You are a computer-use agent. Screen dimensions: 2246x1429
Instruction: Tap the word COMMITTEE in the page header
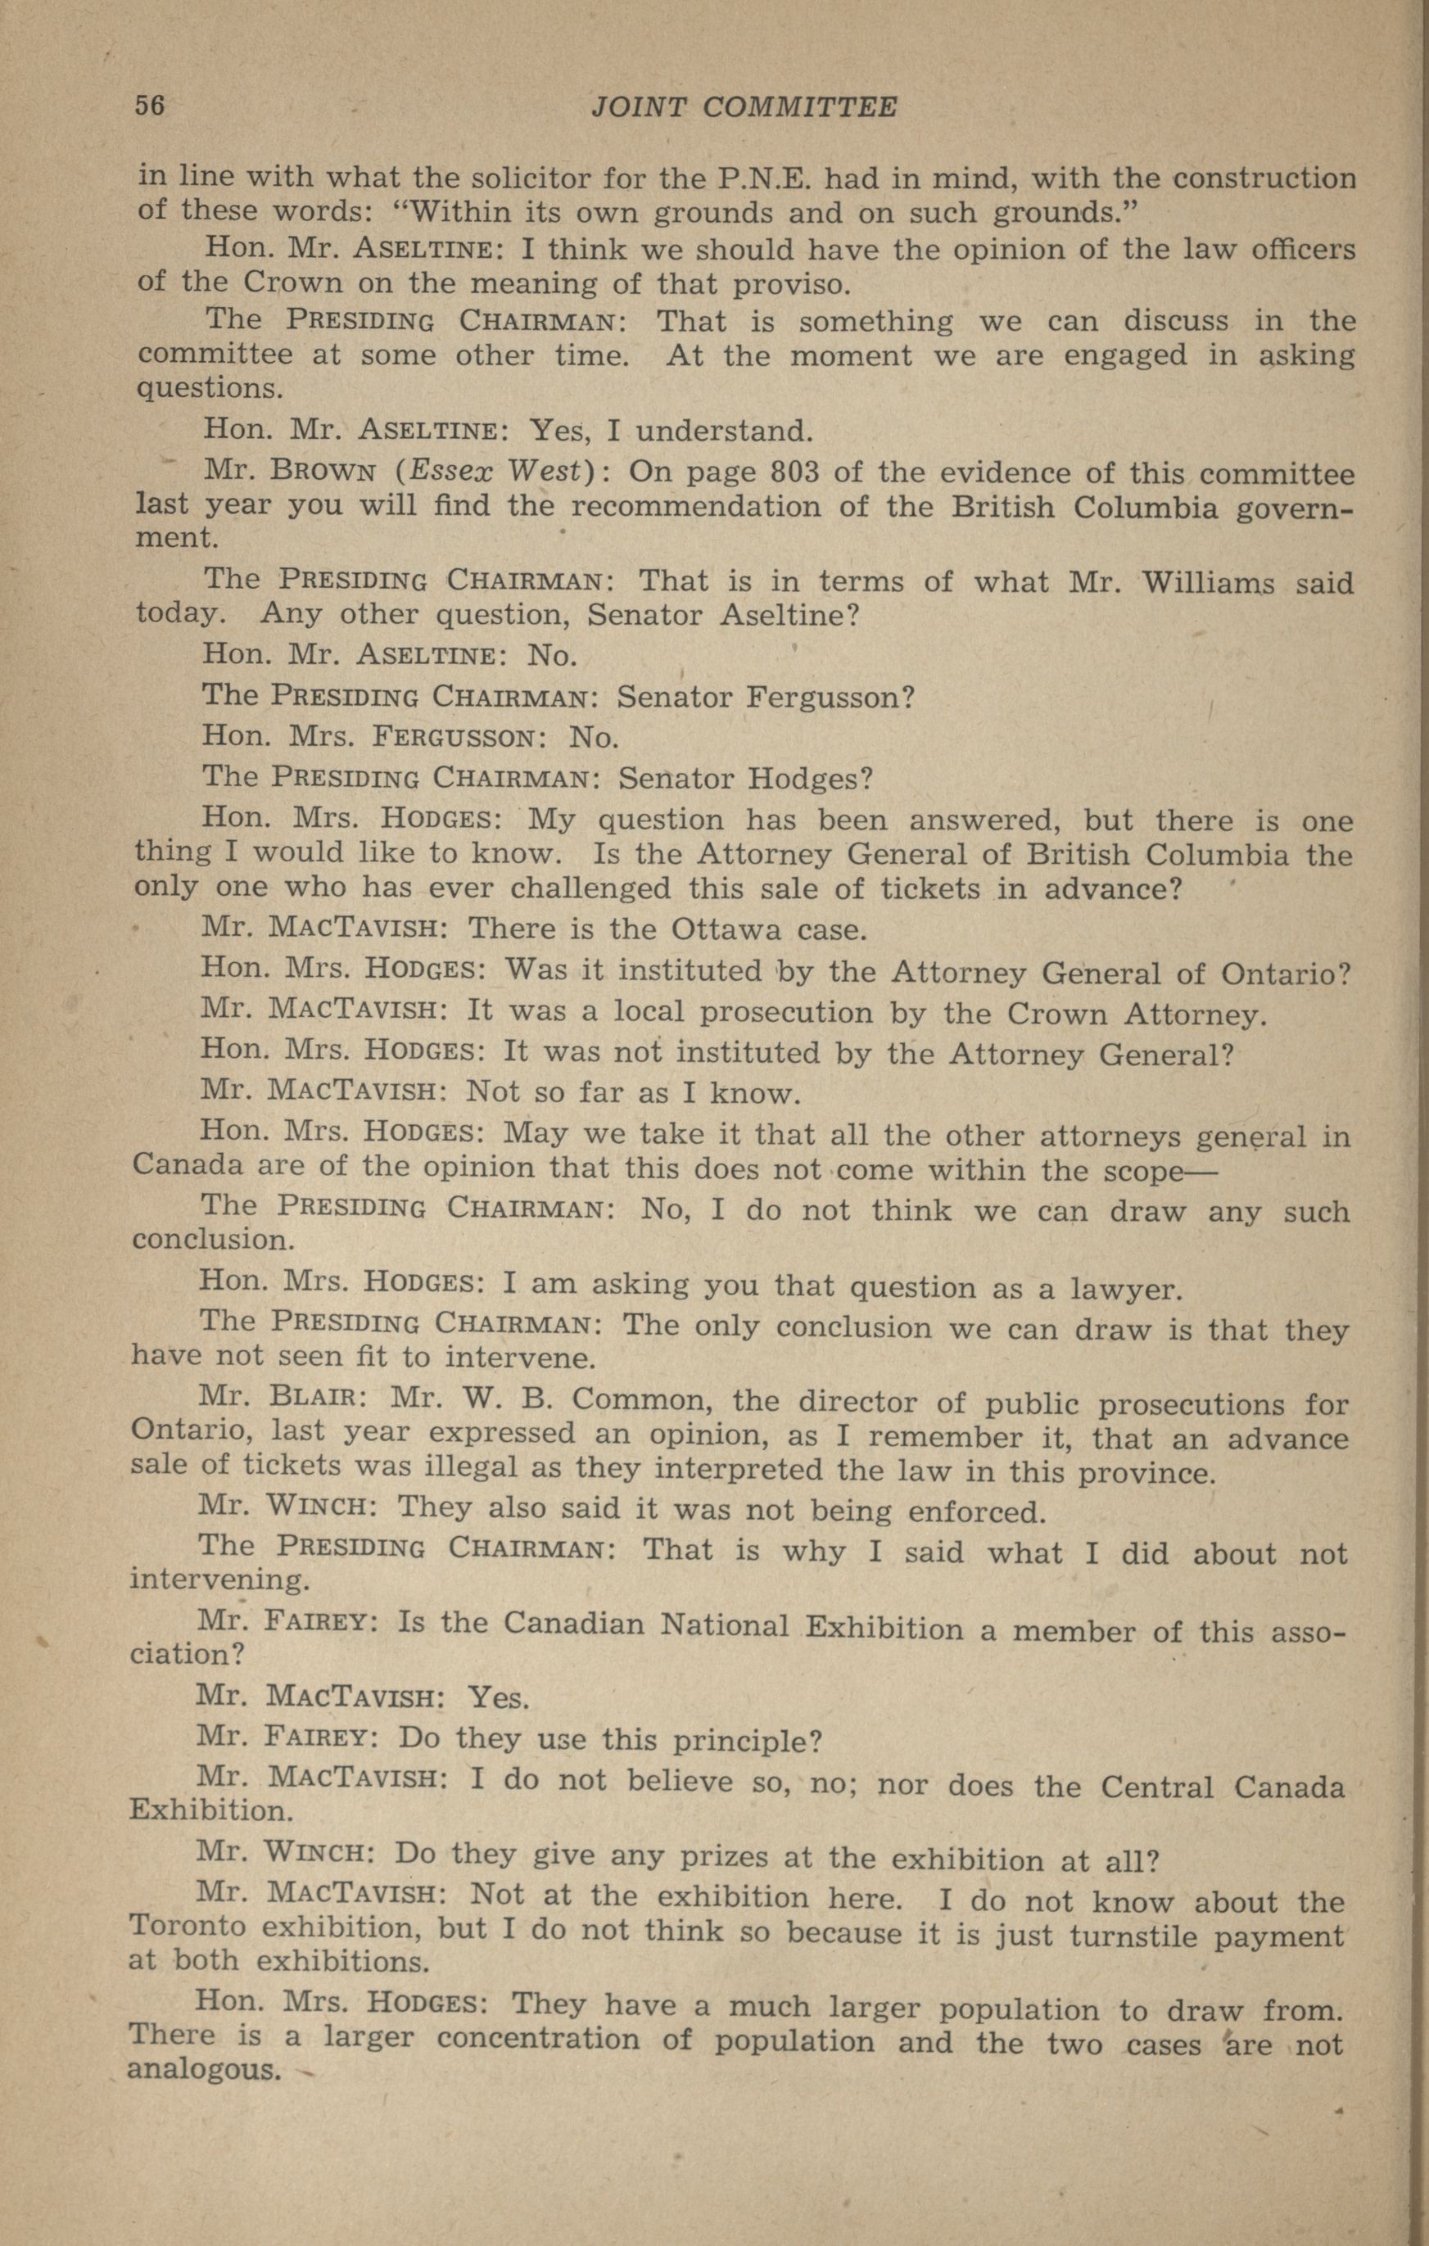click(x=799, y=107)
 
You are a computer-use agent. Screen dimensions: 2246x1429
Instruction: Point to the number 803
click(x=794, y=471)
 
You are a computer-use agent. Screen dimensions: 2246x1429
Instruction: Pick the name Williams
click(x=1208, y=583)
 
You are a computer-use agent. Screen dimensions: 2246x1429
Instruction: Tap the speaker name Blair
click(x=313, y=1400)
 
